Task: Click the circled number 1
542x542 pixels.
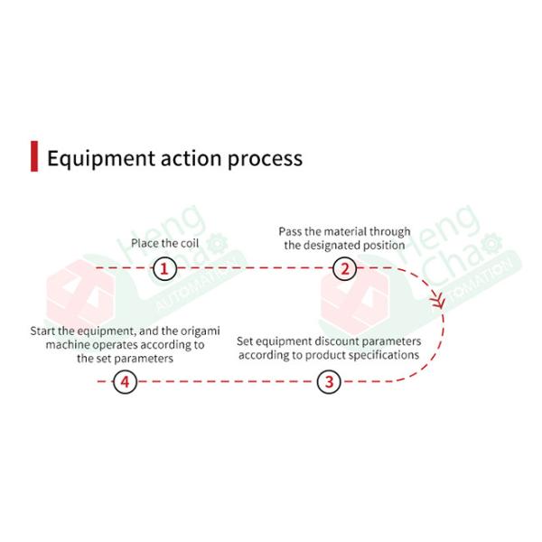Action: click(164, 268)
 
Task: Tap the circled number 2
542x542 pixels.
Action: click(344, 268)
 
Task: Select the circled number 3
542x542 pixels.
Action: click(329, 382)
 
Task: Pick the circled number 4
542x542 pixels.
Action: click(125, 382)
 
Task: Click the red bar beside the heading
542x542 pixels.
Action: click(34, 156)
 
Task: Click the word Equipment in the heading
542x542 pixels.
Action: click(97, 159)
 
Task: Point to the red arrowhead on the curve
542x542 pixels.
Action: click(440, 302)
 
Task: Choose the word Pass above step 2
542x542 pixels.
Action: click(290, 232)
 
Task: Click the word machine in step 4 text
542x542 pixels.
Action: click(65, 345)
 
